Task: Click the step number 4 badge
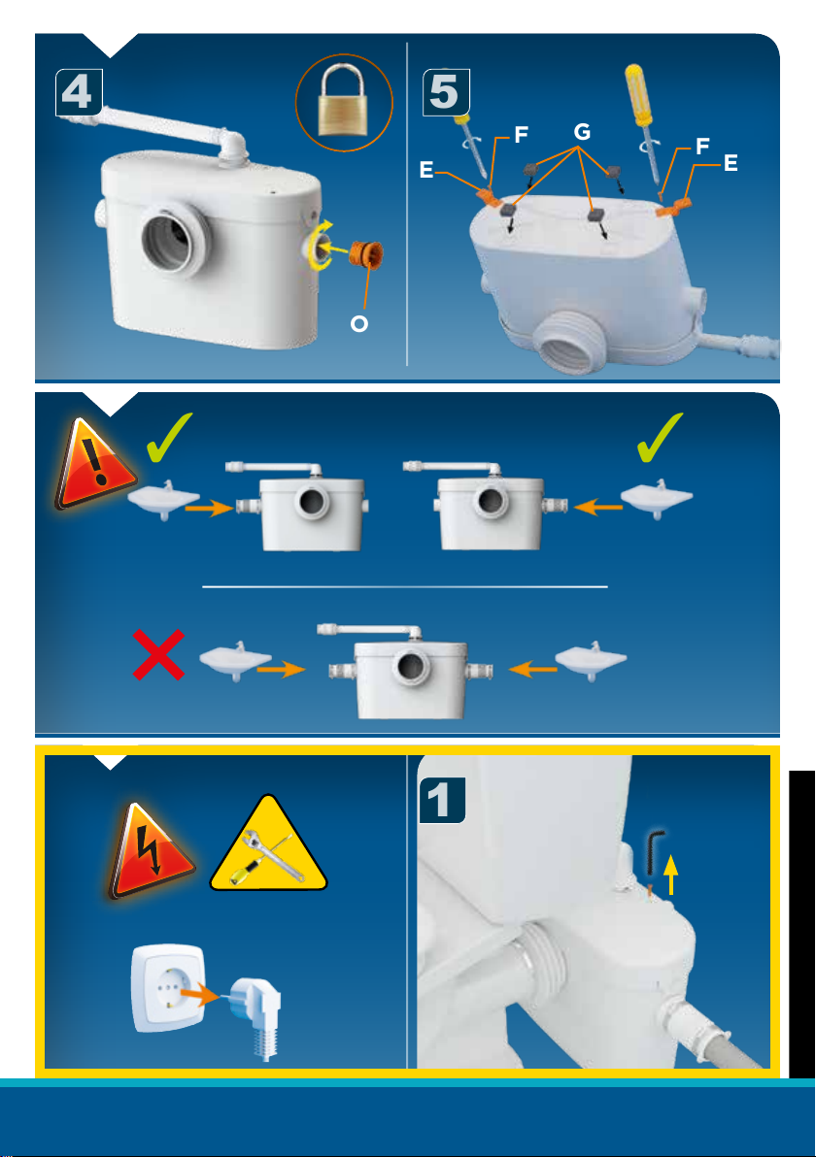click(79, 92)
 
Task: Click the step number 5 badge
click(445, 92)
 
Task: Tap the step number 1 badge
click(442, 800)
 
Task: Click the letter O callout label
click(358, 323)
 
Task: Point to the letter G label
click(582, 132)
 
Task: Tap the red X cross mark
click(158, 654)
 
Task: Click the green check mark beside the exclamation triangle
click(168, 439)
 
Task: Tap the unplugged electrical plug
click(255, 1016)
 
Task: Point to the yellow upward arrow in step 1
click(670, 874)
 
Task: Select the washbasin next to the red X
click(235, 660)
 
